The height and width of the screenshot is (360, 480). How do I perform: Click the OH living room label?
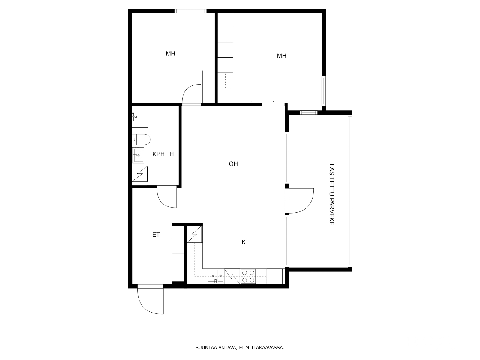(233, 164)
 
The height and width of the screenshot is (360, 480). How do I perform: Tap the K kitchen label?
(244, 242)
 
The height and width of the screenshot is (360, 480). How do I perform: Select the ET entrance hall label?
(156, 235)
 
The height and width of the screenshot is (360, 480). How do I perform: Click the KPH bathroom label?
(158, 154)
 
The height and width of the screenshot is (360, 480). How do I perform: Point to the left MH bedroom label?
(170, 54)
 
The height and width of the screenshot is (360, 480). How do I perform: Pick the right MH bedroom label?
(281, 56)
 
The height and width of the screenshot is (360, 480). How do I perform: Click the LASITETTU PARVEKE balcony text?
(331, 194)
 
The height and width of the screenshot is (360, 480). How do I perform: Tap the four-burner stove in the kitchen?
(248, 276)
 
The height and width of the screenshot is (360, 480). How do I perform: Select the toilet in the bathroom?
(141, 139)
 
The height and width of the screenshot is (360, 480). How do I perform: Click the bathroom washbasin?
(138, 155)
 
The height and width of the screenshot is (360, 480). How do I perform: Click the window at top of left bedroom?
(190, 11)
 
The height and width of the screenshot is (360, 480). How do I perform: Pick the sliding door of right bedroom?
(262, 102)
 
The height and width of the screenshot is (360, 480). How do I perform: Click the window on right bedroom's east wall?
(324, 91)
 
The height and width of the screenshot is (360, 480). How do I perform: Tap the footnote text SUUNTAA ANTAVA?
(240, 348)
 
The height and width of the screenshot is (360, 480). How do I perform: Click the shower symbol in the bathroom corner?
(140, 173)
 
